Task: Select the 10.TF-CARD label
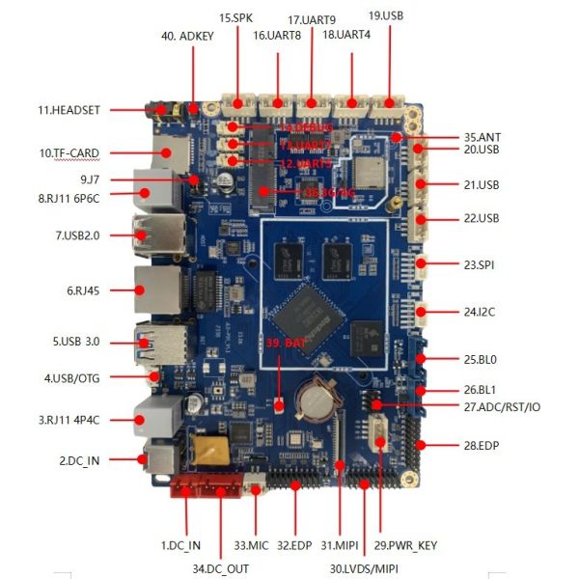pos(69,152)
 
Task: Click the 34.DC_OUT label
pos(219,568)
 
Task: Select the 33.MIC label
pos(251,547)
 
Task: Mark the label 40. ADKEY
pos(187,37)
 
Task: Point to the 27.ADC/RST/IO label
pos(502,406)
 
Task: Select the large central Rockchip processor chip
pos(305,310)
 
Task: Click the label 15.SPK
pos(236,17)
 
